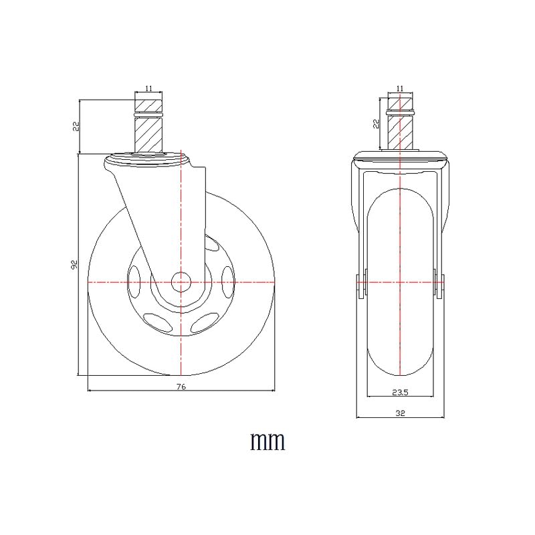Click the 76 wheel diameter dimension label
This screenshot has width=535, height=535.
181,387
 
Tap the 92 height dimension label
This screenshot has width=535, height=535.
74,264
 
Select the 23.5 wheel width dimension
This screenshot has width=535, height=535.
400,393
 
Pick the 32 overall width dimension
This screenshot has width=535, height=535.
400,413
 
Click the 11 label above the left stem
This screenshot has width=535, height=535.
148,88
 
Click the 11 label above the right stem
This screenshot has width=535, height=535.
400,88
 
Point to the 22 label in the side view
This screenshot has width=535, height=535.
76,126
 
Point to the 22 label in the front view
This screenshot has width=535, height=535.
377,124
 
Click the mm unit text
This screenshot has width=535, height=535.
268,442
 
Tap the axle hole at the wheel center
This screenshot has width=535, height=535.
181,282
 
